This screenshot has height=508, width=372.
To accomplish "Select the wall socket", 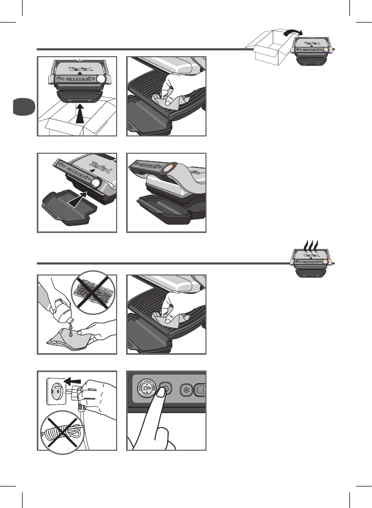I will (58, 393).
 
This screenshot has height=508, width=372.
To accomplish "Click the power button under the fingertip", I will (165, 390).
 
